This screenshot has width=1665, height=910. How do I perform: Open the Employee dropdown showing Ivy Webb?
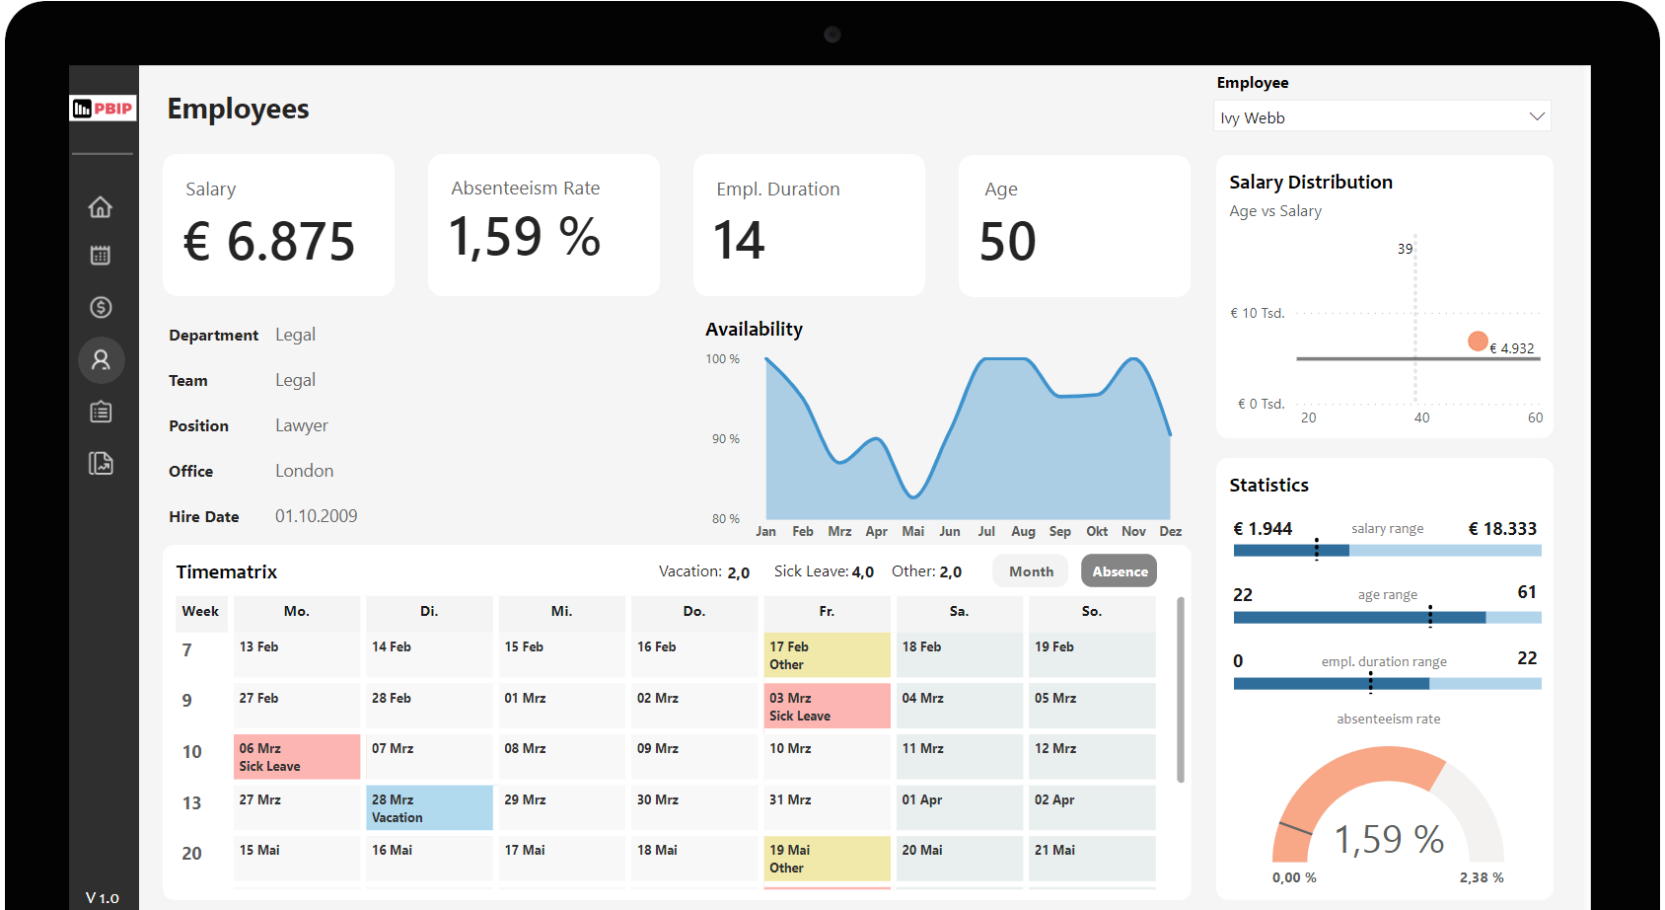1382,117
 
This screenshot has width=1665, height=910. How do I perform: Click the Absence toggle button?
1119,571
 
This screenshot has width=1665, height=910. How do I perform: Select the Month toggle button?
1031,571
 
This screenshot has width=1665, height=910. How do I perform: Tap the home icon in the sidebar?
101,207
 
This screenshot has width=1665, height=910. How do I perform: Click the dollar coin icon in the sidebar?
101,308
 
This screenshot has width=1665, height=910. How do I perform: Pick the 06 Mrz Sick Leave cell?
297,757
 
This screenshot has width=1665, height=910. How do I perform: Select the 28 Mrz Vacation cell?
429,808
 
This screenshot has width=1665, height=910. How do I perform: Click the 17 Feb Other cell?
827,655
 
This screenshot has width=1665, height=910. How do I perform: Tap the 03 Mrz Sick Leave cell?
827,707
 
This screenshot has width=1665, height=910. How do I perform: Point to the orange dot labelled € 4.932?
1477,341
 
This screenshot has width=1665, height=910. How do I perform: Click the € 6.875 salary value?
269,242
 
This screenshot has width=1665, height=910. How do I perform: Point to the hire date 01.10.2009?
316,516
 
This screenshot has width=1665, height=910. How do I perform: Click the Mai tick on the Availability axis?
913,531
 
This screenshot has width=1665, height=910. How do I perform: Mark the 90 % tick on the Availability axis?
726,439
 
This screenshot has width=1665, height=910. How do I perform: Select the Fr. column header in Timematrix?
827,612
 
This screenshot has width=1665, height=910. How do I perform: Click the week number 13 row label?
192,803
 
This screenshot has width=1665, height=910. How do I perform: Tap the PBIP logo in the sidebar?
103,109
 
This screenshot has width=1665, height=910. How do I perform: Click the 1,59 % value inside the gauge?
1389,840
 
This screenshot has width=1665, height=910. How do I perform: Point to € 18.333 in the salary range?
1502,529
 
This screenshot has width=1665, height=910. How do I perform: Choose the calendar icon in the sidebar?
101,256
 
